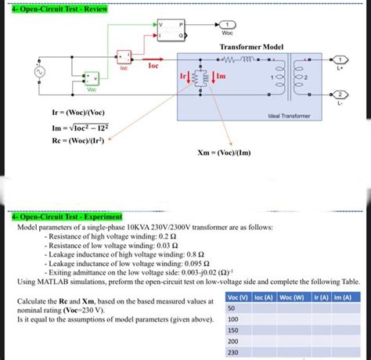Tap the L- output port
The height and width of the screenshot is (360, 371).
click(x=341, y=94)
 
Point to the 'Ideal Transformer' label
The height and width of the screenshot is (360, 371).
click(x=289, y=115)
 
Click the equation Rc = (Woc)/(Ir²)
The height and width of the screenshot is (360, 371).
click(x=79, y=140)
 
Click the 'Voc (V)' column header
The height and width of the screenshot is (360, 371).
click(x=237, y=297)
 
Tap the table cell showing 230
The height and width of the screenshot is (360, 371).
click(x=232, y=353)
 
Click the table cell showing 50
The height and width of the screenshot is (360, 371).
click(x=232, y=308)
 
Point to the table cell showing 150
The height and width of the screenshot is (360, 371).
click(x=232, y=331)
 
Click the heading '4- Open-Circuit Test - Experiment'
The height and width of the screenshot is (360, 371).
click(x=67, y=216)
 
